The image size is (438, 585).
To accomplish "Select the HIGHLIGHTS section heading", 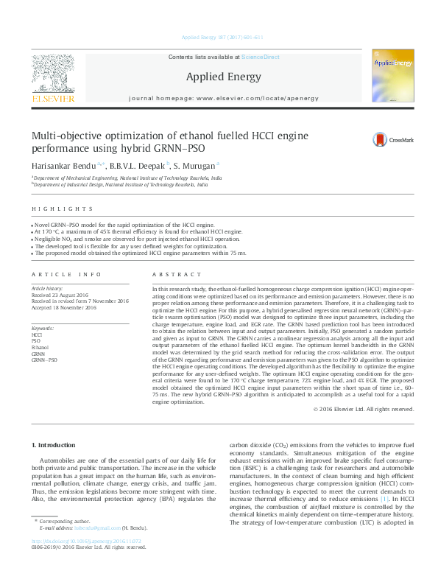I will pos(49,210).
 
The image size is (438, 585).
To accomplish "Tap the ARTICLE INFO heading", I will pos(66,273).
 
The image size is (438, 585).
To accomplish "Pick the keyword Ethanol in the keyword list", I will pos(40,346).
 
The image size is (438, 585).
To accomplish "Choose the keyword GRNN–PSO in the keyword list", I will pos(43,360).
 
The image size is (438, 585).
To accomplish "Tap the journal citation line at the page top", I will pos(219,38).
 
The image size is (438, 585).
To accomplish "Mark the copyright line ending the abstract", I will pos(364,408).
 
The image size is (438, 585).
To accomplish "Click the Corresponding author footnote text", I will pos(72,541).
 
